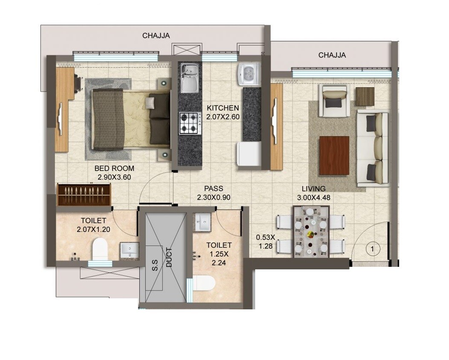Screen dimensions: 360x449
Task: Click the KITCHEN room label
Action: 223,108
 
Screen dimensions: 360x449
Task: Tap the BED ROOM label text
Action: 114,168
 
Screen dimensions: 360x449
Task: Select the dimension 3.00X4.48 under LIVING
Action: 314,197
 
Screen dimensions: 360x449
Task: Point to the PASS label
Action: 213,189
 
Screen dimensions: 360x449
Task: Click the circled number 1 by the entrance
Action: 372,248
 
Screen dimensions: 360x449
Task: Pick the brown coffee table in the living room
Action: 334,155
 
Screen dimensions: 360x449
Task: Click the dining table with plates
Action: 311,232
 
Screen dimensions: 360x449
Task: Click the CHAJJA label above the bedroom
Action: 156,36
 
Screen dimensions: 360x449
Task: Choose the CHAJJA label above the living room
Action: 332,55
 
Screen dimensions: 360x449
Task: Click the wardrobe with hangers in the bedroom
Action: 84,194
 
